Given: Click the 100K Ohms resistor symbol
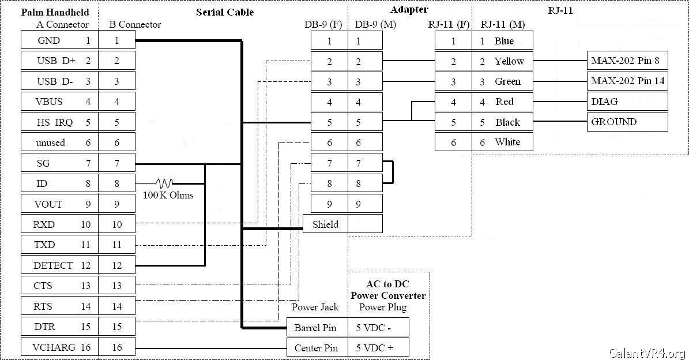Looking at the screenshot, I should coord(164,183).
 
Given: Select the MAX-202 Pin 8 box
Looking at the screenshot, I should coord(627,61).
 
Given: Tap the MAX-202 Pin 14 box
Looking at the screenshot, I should coord(627,81).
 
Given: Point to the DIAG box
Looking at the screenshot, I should coord(627,102).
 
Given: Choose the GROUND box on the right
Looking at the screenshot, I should coord(627,122).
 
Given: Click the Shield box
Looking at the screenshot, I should coord(325,224).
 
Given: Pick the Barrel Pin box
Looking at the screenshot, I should coord(317,327).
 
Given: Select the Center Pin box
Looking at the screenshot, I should coord(317,347).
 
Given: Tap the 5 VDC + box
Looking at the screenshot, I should coord(378,347).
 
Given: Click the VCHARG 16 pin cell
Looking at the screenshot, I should coord(59,347).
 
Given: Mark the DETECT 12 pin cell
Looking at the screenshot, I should coord(59,265).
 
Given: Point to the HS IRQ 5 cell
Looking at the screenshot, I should coord(59,122).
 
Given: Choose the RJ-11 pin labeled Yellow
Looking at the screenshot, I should coord(503,61).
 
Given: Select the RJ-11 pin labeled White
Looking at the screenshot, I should coord(503,142).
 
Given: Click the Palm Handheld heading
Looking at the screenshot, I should coord(55,12).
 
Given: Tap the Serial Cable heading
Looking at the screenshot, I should coord(224,12).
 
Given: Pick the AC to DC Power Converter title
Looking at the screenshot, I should coord(388,290).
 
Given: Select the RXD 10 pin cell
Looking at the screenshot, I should coord(59,224).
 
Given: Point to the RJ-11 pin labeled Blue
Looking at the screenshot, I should coord(503,41).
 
